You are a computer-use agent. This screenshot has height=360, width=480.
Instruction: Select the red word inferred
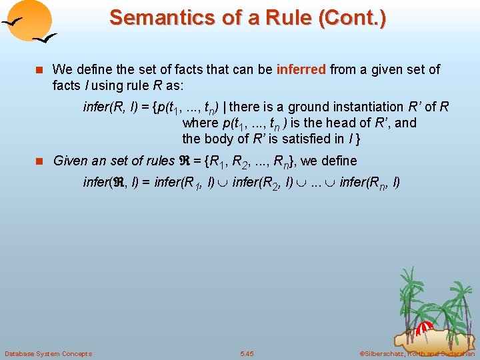pos(300,69)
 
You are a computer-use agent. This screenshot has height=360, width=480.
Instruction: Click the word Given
pos(69,161)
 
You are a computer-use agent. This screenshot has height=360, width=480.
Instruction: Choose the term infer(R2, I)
pos(261,182)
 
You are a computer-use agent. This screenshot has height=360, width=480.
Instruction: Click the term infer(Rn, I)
pos(369,182)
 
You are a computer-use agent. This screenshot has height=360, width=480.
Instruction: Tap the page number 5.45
pos(247,353)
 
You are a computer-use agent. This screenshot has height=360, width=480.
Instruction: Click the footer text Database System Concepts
pos(48,353)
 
